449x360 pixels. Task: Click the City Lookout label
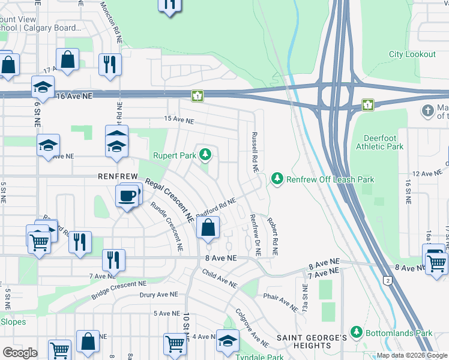[x=412, y=55]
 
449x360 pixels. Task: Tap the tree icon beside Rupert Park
[x=206, y=155]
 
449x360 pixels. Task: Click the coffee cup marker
[x=127, y=196]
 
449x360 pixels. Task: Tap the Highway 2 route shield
[x=388, y=280]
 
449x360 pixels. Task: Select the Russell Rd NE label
[x=255, y=152]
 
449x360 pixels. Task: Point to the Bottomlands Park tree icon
[x=356, y=332]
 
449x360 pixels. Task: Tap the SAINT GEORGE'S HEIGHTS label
[x=312, y=341]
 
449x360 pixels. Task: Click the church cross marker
[x=427, y=110]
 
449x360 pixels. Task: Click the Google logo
[x=19, y=353]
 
